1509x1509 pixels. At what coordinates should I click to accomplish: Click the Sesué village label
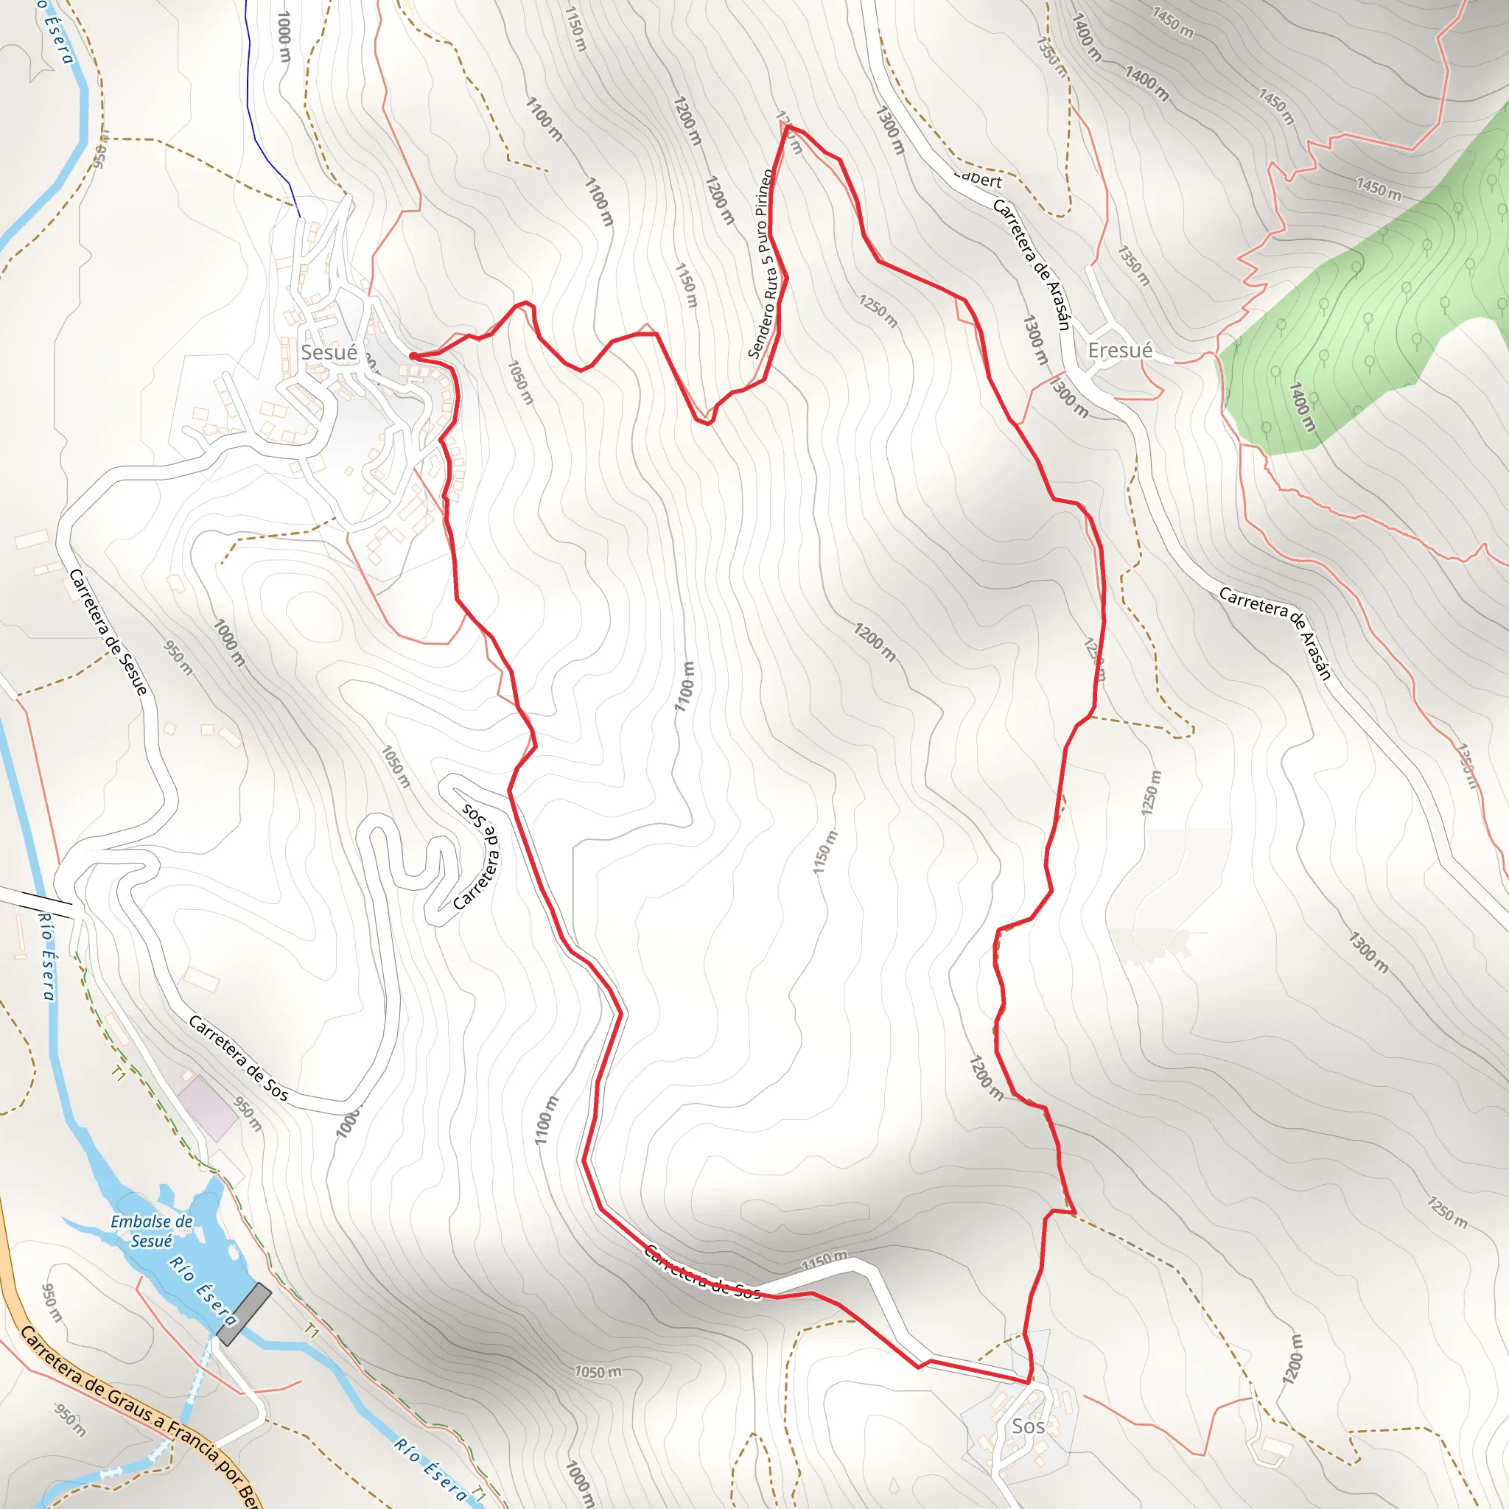click(x=329, y=352)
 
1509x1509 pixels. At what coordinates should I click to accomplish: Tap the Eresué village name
click(x=1120, y=351)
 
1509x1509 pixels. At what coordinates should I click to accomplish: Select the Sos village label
click(x=1028, y=1426)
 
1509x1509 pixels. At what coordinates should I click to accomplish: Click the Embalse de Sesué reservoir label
click(x=152, y=1231)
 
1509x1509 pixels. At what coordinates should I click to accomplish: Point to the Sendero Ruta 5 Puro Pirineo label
click(x=763, y=264)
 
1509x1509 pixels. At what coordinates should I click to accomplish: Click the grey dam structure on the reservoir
click(x=244, y=1314)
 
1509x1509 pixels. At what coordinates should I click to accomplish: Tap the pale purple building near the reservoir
click(x=207, y=1108)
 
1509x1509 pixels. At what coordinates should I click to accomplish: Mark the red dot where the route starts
click(x=413, y=356)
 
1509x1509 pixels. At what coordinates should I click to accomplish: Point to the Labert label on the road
click(x=978, y=179)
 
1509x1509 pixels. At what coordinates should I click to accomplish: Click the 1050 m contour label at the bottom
click(x=598, y=1371)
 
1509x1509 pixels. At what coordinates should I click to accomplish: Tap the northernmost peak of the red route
click(x=788, y=126)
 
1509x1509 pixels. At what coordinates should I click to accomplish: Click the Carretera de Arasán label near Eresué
click(x=1031, y=264)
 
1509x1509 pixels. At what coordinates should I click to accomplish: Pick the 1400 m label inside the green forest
click(x=1302, y=406)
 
